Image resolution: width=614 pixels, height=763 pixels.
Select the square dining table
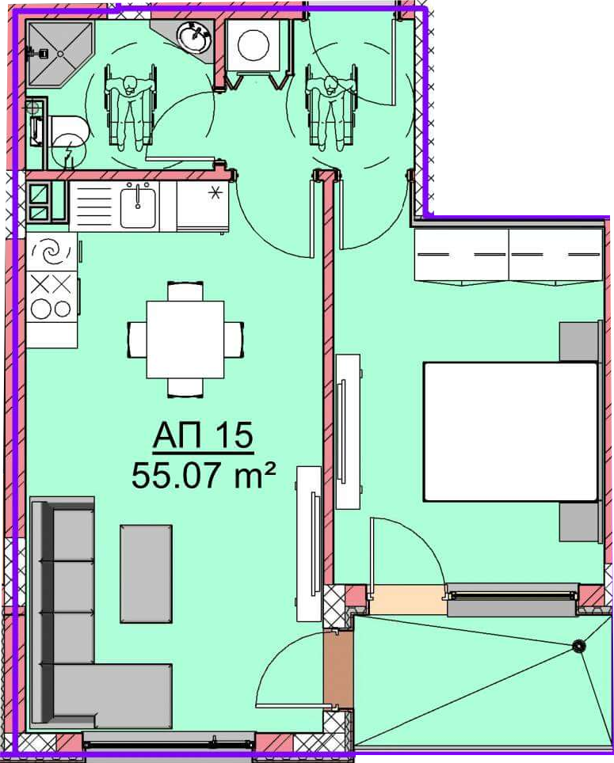(x=185, y=340)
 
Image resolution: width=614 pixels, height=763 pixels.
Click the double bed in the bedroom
(x=510, y=431)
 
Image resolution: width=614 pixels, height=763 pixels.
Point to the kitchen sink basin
(x=139, y=204)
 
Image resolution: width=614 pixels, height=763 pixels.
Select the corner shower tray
(x=59, y=55)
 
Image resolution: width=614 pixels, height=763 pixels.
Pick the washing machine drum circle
(x=254, y=45)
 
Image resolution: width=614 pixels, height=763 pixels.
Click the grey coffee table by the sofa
(x=146, y=574)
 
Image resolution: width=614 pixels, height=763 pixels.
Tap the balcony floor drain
(x=578, y=646)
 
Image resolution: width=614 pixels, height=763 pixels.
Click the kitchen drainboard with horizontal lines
(x=94, y=205)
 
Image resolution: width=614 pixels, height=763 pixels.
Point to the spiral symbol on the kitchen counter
(x=50, y=252)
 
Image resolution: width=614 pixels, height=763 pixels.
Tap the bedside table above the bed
(x=578, y=342)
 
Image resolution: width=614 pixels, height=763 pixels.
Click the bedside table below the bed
(x=578, y=522)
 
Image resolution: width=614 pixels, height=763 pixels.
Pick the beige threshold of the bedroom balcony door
(x=408, y=599)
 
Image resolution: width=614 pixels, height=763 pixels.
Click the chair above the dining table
(x=185, y=292)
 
